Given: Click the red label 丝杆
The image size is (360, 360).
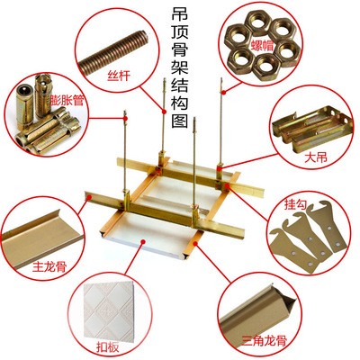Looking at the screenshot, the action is coord(119,75).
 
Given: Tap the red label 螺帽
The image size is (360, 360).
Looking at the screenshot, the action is coord(263,45).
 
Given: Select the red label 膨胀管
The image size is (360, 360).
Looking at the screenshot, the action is coord(67,100).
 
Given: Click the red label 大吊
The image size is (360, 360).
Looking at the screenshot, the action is coord(315,157).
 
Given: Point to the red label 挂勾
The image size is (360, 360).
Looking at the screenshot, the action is coord(295,205).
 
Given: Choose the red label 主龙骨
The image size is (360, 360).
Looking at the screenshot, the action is coord(49,266).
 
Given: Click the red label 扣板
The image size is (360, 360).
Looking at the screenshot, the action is coord(108,346).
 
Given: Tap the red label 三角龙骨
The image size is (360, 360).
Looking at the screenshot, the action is coord(265,340).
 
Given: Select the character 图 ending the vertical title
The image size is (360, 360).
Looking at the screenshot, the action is coord(180,121).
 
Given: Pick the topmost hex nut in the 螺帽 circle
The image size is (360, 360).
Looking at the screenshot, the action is coord(258,22).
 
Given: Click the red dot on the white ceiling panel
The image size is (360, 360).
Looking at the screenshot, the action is coord(144,241).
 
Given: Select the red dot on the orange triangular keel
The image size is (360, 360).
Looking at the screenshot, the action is coord(196,242).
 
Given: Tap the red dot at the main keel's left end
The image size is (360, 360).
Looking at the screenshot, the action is coord(89,197).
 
